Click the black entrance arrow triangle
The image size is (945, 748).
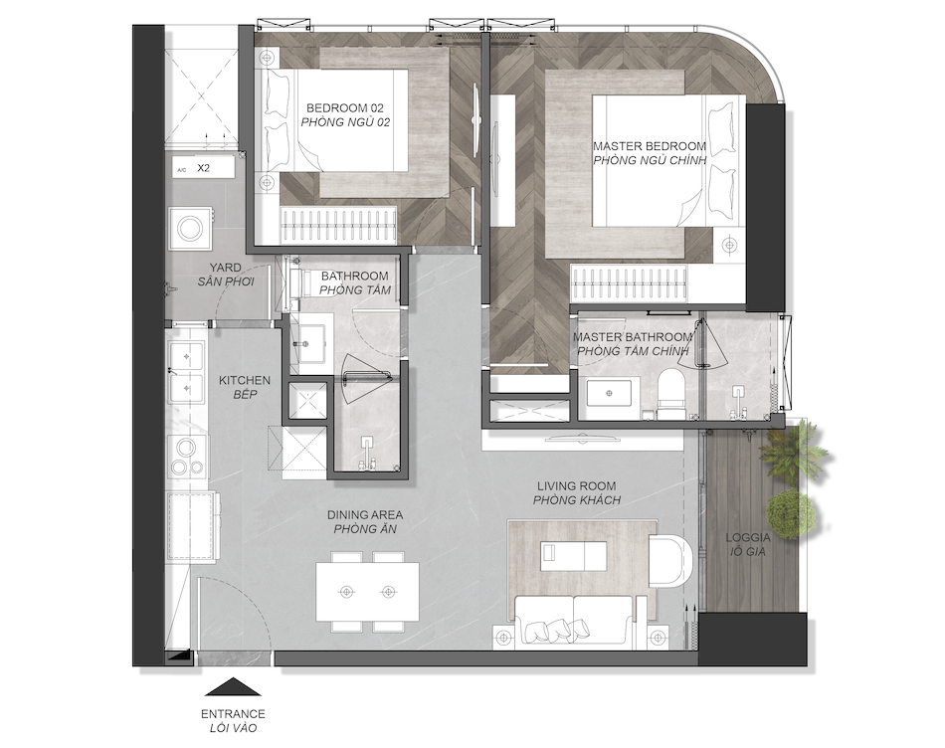coord(233,687)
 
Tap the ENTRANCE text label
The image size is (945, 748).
coord(233,714)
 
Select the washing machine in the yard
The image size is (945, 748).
coord(192,229)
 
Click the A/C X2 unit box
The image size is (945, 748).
coord(203,169)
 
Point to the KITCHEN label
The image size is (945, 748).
coord(244,380)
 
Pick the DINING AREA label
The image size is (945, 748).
coord(365,515)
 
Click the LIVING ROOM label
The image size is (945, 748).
coord(576,485)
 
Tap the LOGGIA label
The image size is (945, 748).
coord(748,538)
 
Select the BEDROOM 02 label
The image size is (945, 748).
coord(345,108)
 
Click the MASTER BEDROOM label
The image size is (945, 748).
coord(650,146)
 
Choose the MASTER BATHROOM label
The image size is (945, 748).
coord(633,337)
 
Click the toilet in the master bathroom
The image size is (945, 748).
coord(670,395)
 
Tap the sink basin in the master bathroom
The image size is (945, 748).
coord(609,394)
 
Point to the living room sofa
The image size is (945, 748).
coord(573,622)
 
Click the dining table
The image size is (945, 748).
coord(367,592)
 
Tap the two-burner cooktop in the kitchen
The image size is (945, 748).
coord(186,457)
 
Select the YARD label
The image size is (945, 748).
coord(226,267)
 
